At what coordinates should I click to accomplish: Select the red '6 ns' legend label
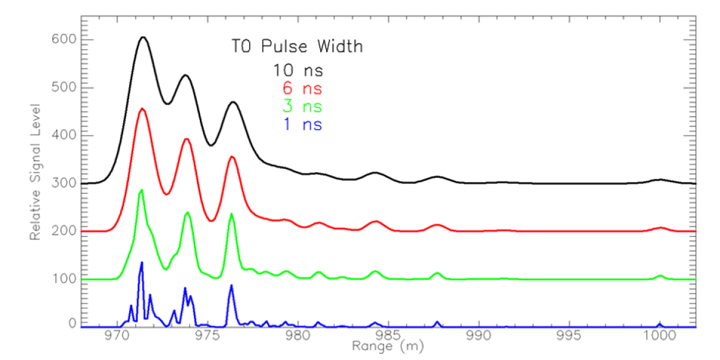(x=298, y=87)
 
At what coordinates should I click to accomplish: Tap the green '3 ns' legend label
(x=298, y=106)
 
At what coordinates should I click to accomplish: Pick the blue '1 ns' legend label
(x=298, y=124)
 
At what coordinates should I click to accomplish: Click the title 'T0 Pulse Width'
(x=297, y=46)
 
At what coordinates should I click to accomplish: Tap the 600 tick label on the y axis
(x=63, y=40)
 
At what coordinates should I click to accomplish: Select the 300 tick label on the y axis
(x=63, y=183)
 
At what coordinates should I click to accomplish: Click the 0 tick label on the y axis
(x=71, y=324)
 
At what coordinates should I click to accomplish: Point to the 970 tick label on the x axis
(x=116, y=336)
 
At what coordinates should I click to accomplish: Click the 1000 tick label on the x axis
(x=659, y=336)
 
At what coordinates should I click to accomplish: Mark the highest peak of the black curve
(x=143, y=37)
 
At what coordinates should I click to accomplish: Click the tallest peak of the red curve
(x=142, y=109)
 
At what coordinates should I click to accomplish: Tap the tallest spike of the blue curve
(x=142, y=262)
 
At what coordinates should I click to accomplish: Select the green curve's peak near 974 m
(x=188, y=212)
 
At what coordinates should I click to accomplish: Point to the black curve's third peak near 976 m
(x=233, y=102)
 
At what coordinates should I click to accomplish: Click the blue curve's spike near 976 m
(x=231, y=285)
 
